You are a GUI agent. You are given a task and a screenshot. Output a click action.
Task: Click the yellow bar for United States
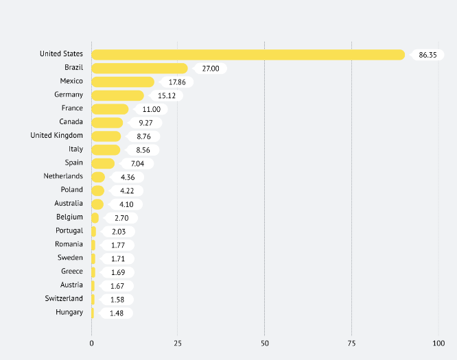tap(248, 54)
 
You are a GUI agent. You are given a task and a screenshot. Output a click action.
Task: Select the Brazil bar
tap(139, 68)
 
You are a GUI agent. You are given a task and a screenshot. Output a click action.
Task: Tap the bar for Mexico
tap(123, 82)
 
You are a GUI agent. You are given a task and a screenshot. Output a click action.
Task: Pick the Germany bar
tap(117, 95)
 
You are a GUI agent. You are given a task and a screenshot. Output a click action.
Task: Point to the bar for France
tap(110, 109)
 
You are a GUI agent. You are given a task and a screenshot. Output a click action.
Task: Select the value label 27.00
tap(210, 69)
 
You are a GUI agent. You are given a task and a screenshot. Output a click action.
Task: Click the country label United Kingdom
tap(56, 136)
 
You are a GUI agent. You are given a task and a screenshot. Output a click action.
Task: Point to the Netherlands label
tap(63, 176)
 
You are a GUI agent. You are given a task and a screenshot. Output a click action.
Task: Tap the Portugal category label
tap(69, 231)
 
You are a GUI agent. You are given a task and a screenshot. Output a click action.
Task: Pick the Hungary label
tap(69, 313)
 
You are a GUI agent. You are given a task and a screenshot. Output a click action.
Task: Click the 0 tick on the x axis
tap(91, 341)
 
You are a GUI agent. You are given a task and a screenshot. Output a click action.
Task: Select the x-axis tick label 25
tap(178, 341)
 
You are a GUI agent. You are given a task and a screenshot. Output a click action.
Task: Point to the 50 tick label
tap(264, 341)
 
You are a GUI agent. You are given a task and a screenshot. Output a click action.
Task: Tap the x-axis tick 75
tap(351, 341)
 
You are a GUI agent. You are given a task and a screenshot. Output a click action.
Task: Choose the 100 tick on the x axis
tap(438, 341)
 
